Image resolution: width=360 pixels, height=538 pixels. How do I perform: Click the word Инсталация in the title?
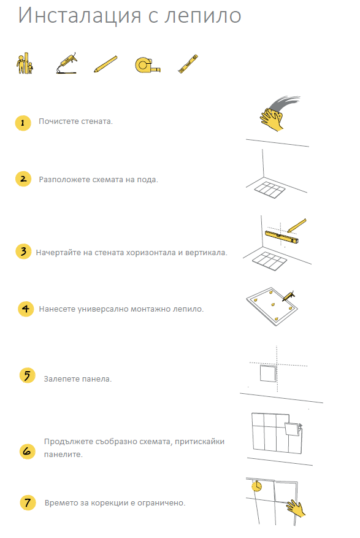[80, 16]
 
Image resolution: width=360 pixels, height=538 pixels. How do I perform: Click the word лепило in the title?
[202, 15]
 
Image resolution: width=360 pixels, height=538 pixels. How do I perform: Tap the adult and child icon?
[25, 63]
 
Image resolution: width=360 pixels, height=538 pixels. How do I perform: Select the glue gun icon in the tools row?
[67, 63]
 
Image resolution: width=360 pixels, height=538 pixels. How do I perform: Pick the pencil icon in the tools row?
[105, 64]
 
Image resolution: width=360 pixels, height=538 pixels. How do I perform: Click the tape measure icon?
[148, 65]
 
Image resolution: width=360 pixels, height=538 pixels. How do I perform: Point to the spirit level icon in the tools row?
[188, 64]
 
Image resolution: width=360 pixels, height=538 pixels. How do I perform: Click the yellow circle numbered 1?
[23, 123]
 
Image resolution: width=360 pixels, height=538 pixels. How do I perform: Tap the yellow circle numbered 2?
[23, 179]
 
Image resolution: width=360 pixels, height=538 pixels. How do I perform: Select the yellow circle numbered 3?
[23, 252]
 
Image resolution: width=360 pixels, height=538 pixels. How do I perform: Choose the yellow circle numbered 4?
[26, 309]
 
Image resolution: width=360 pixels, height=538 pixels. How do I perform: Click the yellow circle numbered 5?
[28, 375]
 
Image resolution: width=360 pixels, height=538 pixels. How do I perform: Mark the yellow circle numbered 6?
[28, 451]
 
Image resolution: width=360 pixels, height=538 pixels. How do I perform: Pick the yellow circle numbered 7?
[28, 502]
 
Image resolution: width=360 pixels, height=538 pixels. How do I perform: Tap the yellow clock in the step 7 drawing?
[256, 486]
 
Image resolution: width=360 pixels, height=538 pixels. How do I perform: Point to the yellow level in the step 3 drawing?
[281, 237]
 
